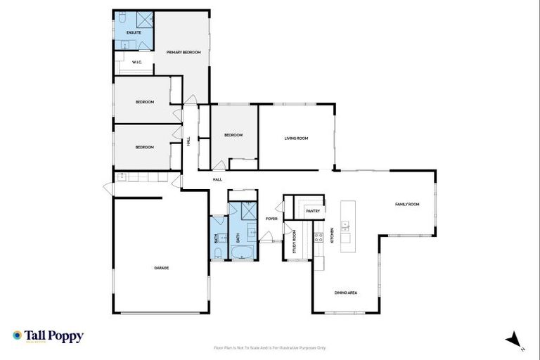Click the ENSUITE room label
134,33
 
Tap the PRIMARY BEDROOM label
184,53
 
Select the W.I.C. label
137,63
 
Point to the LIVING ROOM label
296,138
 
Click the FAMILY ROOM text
406,204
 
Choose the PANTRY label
313,211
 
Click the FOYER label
271,219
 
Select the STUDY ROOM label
295,241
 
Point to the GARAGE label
162,268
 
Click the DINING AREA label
346,292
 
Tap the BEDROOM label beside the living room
233,135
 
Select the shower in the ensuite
143,20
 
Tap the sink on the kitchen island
345,226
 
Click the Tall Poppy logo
48,336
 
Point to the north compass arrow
514,338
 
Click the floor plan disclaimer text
269,347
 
